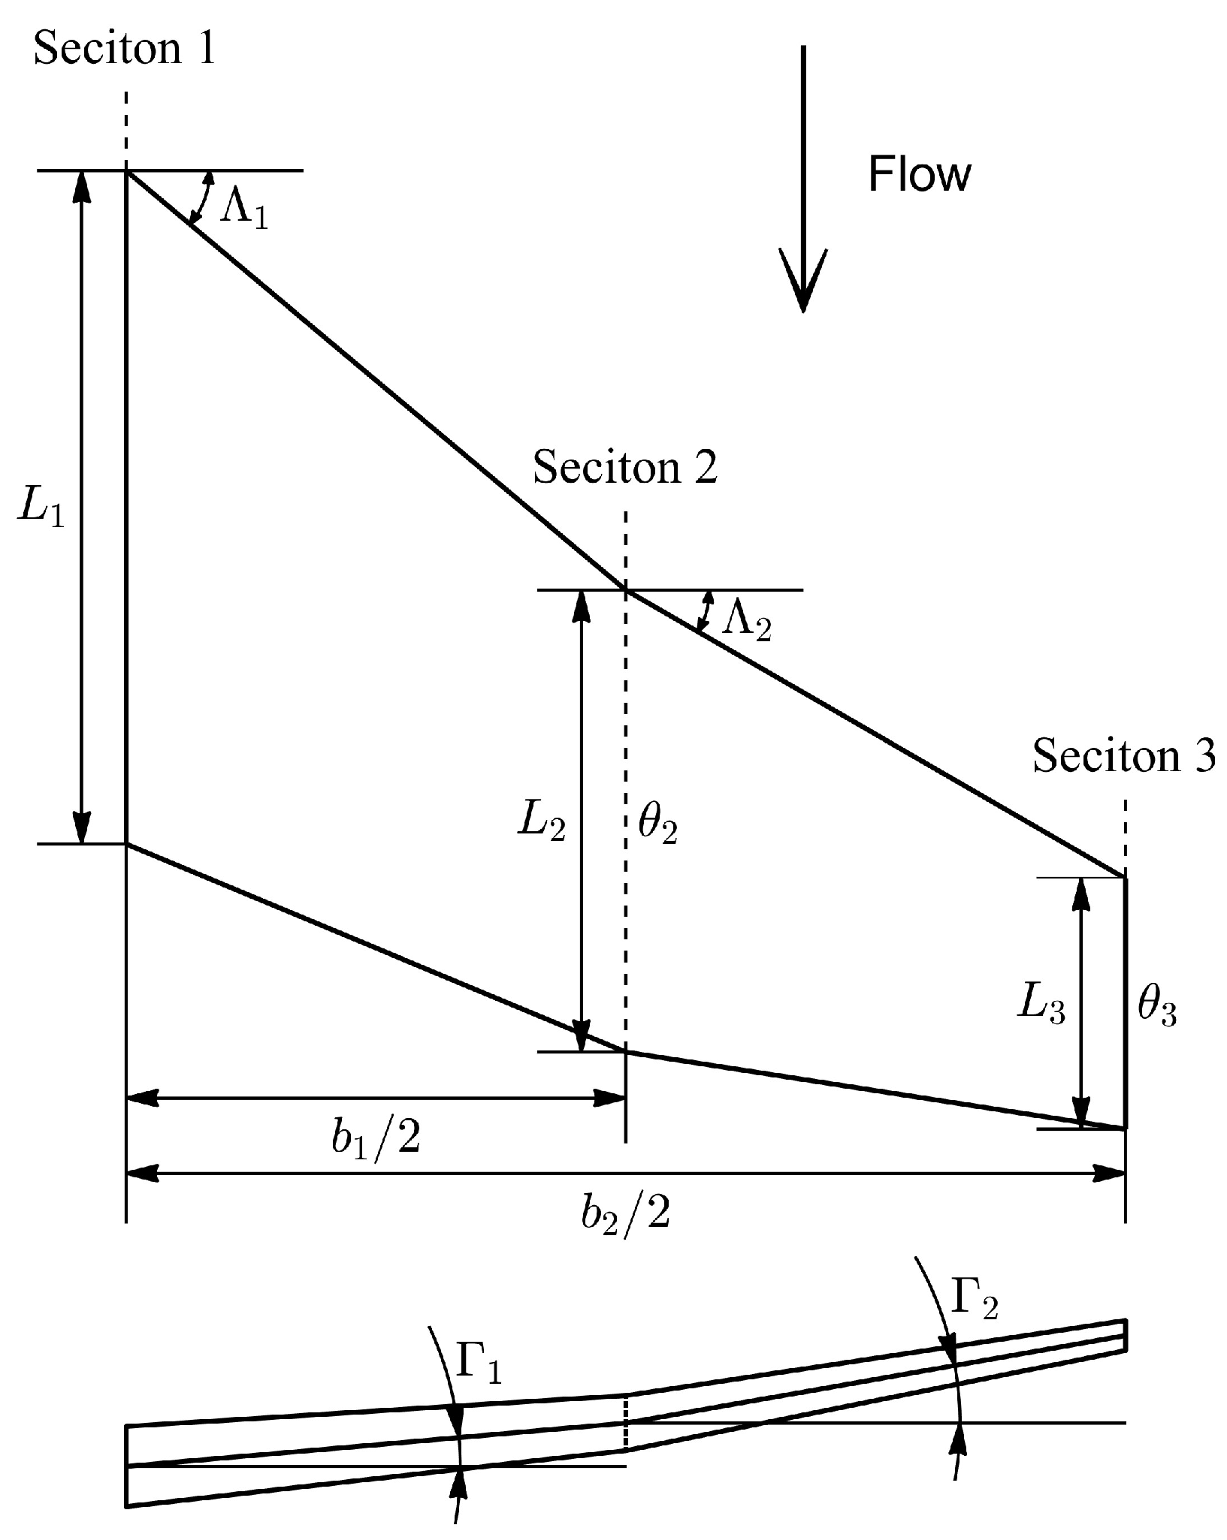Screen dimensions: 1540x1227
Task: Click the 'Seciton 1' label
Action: (x=125, y=49)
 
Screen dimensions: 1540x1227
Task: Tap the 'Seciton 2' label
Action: (x=625, y=467)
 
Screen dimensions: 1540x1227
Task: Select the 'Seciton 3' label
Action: (x=1123, y=755)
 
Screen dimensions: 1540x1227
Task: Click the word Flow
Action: (x=919, y=174)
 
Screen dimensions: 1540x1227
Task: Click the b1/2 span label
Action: (x=376, y=1138)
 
